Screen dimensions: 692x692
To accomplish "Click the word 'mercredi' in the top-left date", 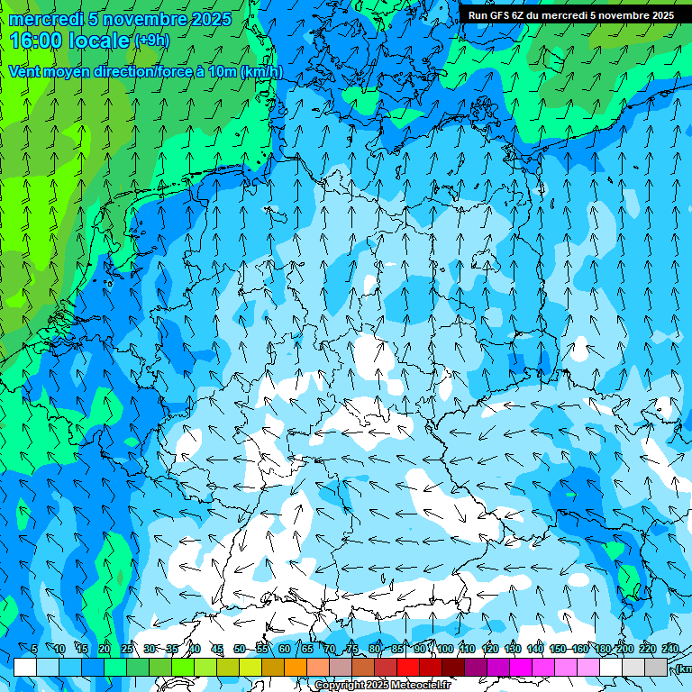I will pyautogui.click(x=46, y=19).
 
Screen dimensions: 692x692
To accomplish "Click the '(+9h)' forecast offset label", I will pyautogui.click(x=151, y=40).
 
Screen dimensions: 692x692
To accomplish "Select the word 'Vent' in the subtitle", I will pyautogui.click(x=26, y=72).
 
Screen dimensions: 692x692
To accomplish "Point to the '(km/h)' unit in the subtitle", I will pyautogui.click(x=261, y=72).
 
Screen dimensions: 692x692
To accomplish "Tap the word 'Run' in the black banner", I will pyautogui.click(x=478, y=15).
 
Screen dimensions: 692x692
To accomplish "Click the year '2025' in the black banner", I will pyautogui.click(x=659, y=15).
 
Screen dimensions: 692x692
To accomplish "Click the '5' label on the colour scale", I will pyautogui.click(x=35, y=649).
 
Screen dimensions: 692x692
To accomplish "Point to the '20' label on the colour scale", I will pyautogui.click(x=105, y=649).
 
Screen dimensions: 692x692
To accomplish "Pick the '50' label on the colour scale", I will pyautogui.click(x=240, y=649).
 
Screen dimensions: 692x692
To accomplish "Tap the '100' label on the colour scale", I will pyautogui.click(x=445, y=649).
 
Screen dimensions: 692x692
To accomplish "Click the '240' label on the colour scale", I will pyautogui.click(x=670, y=649).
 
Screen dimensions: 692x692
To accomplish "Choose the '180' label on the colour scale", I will pyautogui.click(x=603, y=649).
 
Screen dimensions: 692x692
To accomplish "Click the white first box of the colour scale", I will pyautogui.click(x=25, y=667).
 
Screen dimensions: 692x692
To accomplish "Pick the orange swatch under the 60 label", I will pyautogui.click(x=296, y=667).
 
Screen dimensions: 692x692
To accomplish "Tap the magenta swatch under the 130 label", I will pyautogui.click(x=521, y=667).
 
